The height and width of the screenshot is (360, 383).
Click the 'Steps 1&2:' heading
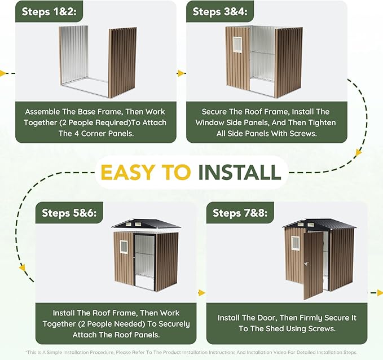click(x=49, y=11)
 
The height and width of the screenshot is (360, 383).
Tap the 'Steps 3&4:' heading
click(x=220, y=11)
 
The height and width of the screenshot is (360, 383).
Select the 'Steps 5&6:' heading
click(x=69, y=213)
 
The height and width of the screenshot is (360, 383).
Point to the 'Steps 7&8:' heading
click(x=240, y=213)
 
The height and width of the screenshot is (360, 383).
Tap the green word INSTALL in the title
click(x=239, y=172)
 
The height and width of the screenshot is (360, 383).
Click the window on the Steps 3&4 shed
click(x=237, y=45)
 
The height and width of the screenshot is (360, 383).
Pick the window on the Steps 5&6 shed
click(x=124, y=247)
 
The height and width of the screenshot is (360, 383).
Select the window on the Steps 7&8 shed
click(x=296, y=243)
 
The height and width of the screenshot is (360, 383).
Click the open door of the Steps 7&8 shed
click(x=314, y=265)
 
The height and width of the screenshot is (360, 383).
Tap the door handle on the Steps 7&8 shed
click(x=306, y=264)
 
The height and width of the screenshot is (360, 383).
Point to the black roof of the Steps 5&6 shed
click(x=146, y=223)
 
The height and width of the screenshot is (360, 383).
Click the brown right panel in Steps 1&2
click(x=122, y=62)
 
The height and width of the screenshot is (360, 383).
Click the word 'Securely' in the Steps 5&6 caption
click(x=174, y=324)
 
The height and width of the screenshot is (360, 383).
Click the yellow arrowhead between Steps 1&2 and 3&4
click(x=181, y=73)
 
